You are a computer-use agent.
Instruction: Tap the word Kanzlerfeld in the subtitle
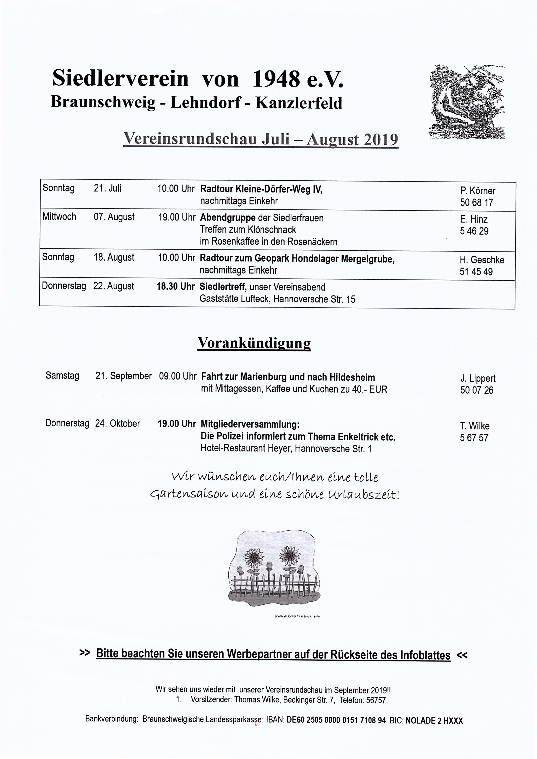(x=299, y=103)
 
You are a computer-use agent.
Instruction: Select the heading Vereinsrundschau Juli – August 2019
(x=260, y=139)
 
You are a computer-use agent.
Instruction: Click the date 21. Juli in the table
(x=107, y=189)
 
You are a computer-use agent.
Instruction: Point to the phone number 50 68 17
(x=477, y=202)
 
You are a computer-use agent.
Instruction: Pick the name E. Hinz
(x=474, y=219)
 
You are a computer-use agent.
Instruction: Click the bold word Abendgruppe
(x=228, y=218)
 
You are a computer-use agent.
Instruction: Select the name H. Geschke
(x=482, y=260)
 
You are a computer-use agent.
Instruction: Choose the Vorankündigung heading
(x=254, y=343)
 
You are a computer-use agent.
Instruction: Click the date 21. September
(x=123, y=376)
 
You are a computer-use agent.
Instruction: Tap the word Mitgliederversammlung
(x=250, y=424)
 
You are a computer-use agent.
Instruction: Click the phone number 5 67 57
(x=474, y=438)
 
